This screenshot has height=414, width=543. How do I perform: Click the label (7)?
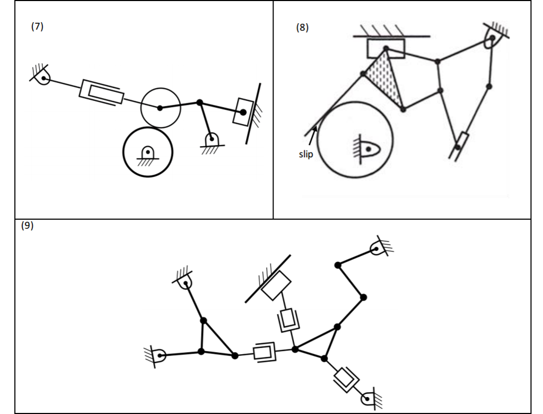[x=37, y=28]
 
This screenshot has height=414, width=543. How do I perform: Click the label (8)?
[x=301, y=28]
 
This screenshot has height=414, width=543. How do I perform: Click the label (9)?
[x=27, y=225]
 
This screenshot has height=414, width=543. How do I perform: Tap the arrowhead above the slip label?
[x=316, y=128]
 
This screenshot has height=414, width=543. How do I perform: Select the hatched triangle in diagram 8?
[x=384, y=79]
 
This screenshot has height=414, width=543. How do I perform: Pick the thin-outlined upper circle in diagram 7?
[x=160, y=108]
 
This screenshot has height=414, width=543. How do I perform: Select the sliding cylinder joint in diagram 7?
[x=101, y=92]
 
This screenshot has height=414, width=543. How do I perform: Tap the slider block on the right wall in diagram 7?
[x=244, y=112]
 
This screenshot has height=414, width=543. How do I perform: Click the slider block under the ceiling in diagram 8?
[x=386, y=49]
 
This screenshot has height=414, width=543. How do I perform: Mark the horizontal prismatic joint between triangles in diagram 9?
[x=264, y=352]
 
